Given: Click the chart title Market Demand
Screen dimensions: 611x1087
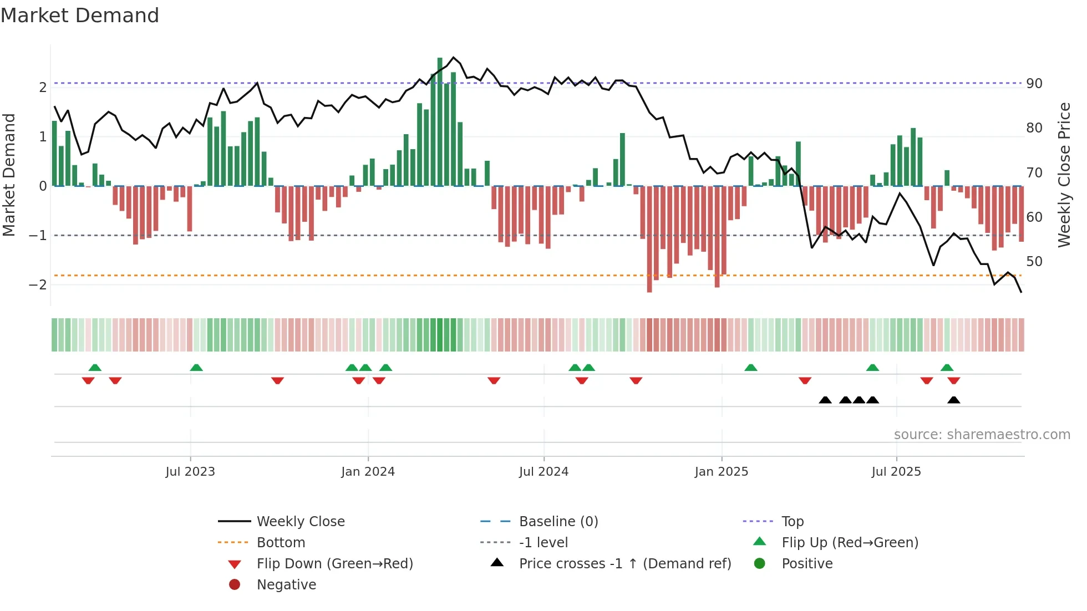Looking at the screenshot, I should tap(80, 16).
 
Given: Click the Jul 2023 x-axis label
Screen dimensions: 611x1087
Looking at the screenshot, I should tap(190, 472).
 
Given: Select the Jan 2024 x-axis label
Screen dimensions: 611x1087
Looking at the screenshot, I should tap(368, 472).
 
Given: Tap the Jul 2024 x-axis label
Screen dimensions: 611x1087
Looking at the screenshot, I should tap(543, 472).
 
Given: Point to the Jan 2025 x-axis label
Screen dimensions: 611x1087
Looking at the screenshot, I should tap(721, 472).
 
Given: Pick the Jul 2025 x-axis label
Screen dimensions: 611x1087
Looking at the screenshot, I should tap(896, 472).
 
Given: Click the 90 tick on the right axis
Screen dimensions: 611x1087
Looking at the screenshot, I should tap(1034, 84).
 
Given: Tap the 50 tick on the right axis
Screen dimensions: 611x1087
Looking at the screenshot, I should tap(1034, 261).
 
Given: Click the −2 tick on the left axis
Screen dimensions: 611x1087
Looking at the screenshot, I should tap(38, 285).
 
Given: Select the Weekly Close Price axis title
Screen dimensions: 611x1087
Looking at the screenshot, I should tap(1064, 175).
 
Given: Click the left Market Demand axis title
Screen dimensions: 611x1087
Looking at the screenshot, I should tap(9, 175).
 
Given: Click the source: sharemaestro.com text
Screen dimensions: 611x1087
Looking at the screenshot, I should tap(982, 435).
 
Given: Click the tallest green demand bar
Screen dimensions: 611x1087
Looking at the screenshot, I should tap(440, 122).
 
